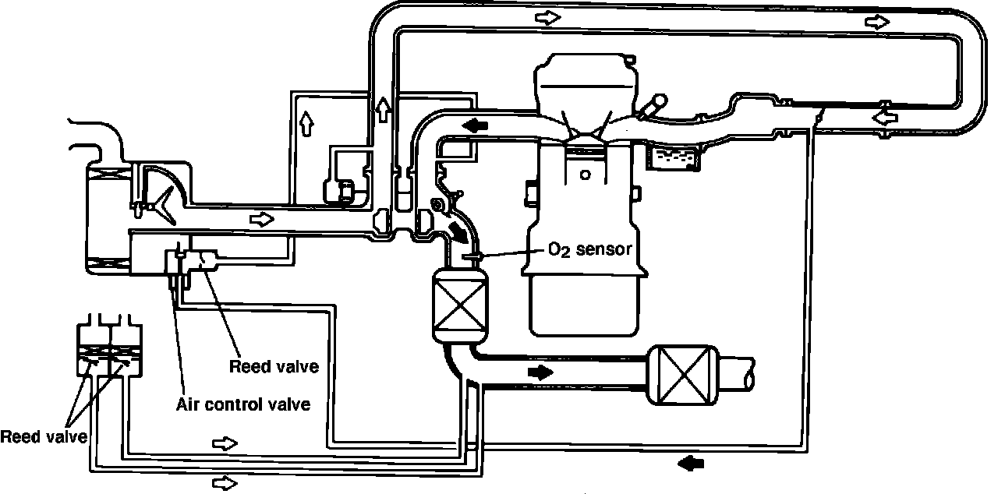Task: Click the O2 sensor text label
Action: click(588, 249)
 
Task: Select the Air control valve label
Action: click(243, 404)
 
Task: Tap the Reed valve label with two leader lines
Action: click(43, 436)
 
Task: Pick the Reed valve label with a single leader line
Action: click(274, 366)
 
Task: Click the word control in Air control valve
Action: click(243, 404)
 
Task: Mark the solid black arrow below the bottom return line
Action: click(690, 464)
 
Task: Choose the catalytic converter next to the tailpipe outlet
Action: click(681, 376)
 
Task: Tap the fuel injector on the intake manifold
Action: click(649, 107)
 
